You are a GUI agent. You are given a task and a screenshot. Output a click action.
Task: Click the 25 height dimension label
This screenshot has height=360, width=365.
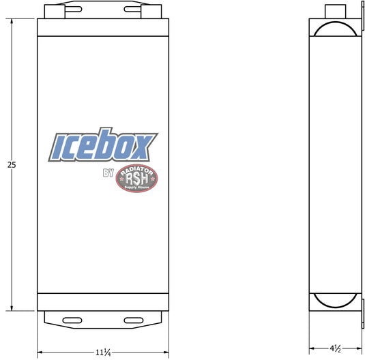pyautogui.click(x=12, y=165)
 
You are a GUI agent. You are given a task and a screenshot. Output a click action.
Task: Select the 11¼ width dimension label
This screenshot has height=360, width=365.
pyautogui.click(x=103, y=352)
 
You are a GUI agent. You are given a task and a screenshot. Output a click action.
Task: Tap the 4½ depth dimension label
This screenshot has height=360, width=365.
pyautogui.click(x=336, y=348)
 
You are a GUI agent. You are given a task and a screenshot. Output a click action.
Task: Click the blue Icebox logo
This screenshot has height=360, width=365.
pyautogui.click(x=103, y=145)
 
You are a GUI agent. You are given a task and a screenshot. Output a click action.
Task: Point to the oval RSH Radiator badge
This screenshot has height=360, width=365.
pyautogui.click(x=136, y=178)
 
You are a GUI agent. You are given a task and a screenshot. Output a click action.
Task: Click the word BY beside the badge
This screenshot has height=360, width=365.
pyautogui.click(x=108, y=173)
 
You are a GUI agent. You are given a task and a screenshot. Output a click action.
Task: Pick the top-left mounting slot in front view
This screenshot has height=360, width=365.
pyautogui.click(x=73, y=10)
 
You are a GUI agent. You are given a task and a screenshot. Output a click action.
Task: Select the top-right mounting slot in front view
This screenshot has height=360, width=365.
pyautogui.click(x=132, y=10)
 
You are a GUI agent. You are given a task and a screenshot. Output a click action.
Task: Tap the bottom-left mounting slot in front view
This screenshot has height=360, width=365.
pyautogui.click(x=72, y=320)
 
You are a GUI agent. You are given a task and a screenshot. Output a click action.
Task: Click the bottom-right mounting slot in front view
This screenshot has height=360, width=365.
pyautogui.click(x=134, y=320)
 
